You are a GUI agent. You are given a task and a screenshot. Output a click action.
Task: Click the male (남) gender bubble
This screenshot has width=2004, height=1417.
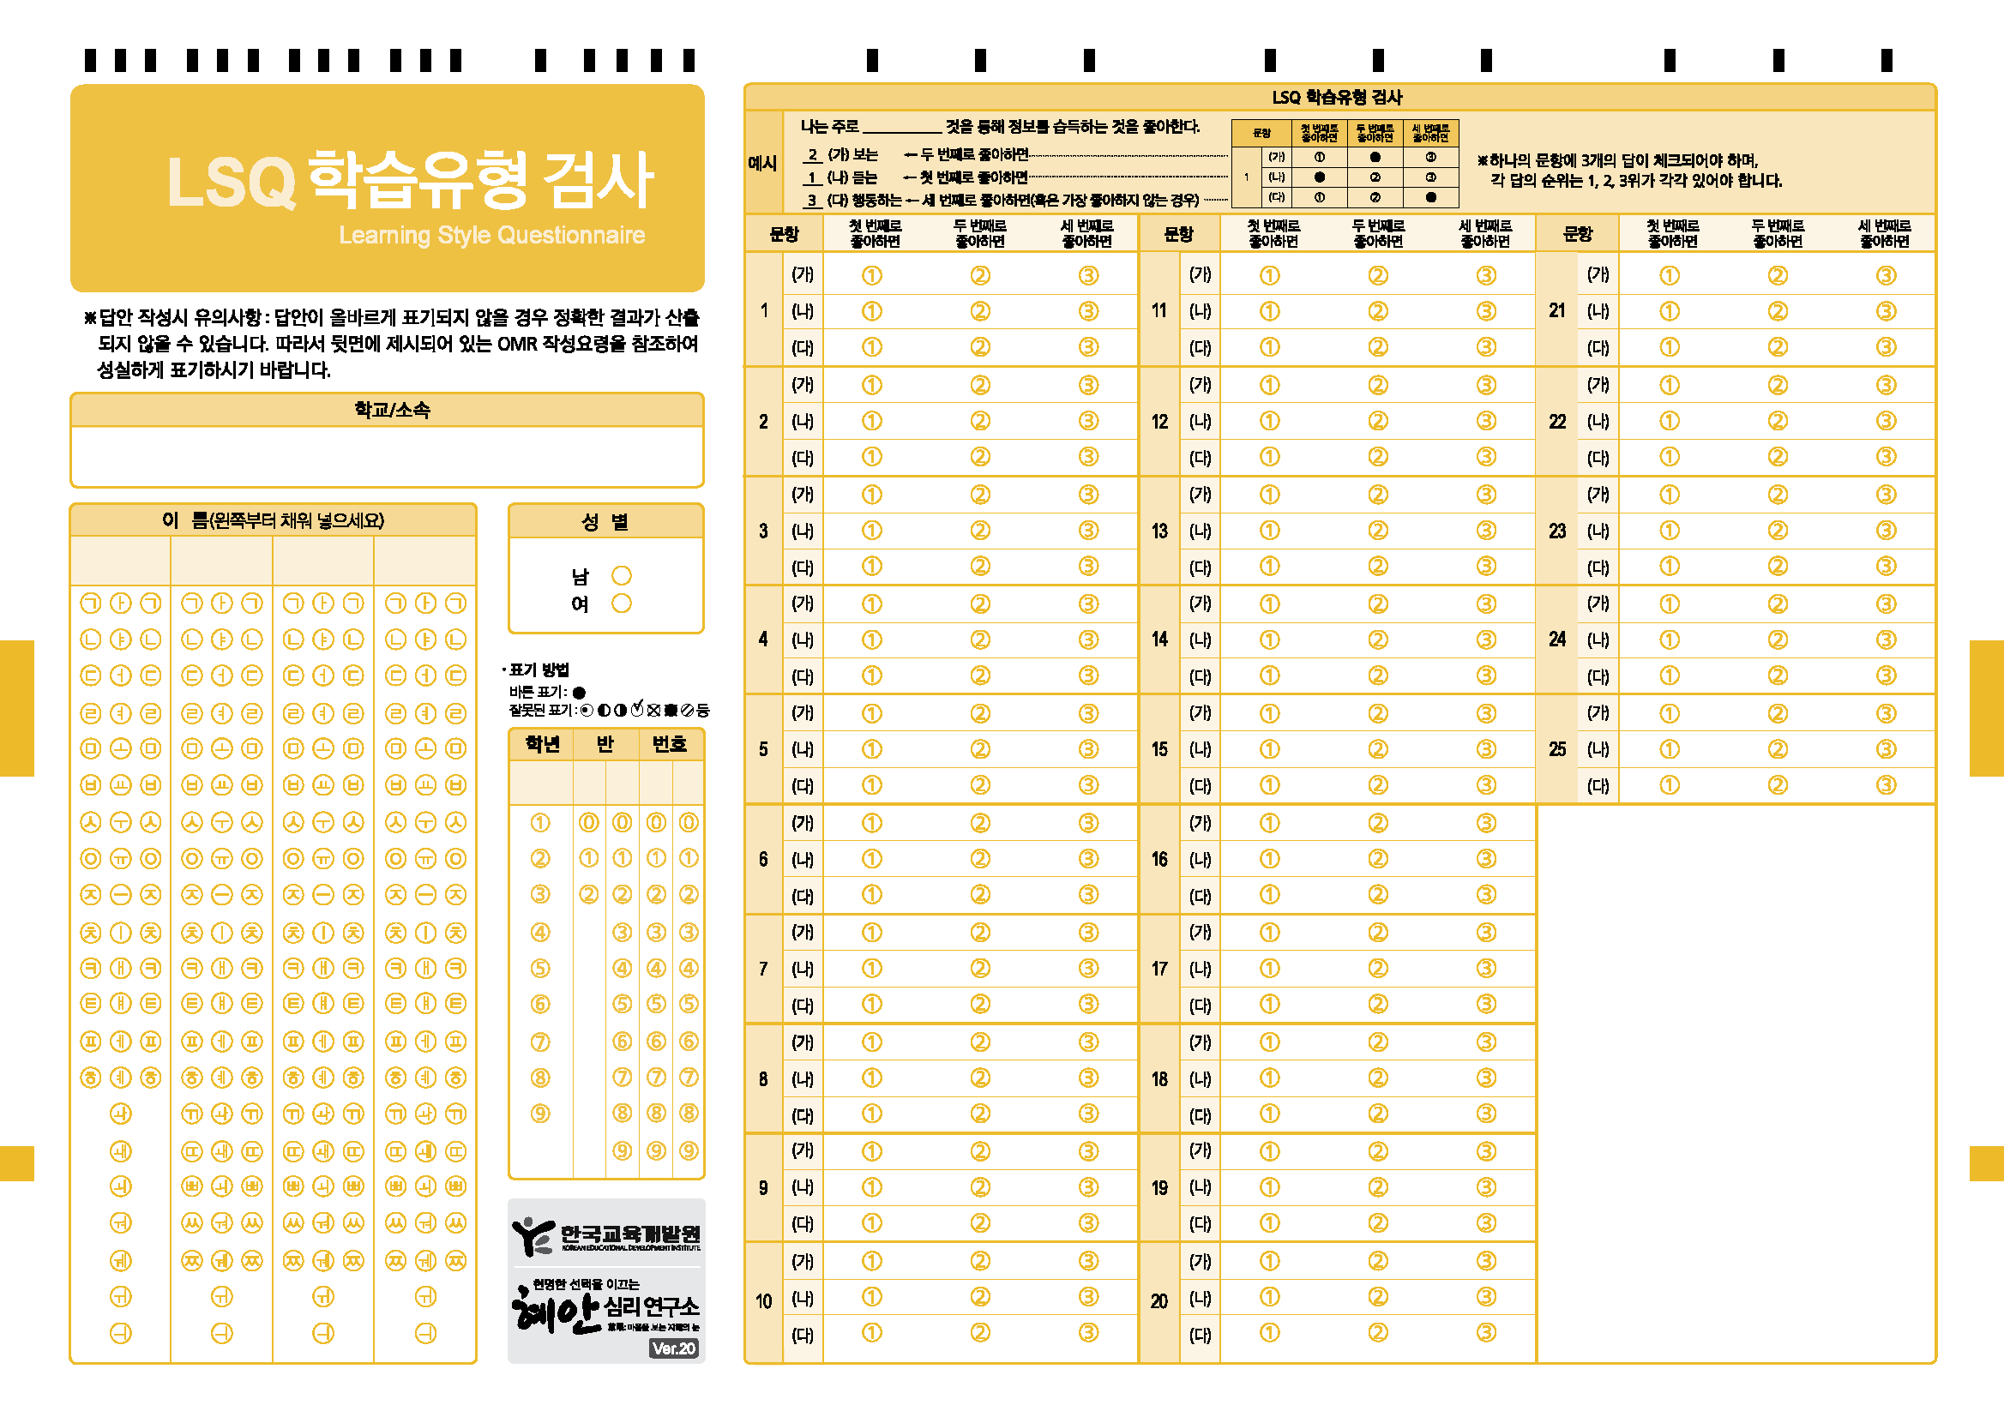(622, 576)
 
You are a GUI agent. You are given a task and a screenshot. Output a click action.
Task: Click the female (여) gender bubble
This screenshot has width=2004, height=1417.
(622, 603)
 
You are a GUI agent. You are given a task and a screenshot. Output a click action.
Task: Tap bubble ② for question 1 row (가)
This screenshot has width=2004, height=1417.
(980, 276)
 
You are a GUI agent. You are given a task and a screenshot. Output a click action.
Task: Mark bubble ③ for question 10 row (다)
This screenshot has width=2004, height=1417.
(1088, 1332)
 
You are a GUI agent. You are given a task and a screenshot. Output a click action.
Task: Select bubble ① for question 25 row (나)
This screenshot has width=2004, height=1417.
(1669, 749)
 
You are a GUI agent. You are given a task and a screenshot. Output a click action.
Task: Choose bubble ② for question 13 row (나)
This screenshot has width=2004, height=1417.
(1378, 531)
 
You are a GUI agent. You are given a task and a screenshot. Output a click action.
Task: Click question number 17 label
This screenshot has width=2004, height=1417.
(1159, 969)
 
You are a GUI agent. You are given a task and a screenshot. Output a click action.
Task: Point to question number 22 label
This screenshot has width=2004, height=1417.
(1557, 422)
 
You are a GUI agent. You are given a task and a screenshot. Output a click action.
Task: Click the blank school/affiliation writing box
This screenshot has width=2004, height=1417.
(387, 455)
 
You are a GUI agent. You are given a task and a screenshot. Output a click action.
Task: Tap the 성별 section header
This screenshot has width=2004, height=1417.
(605, 522)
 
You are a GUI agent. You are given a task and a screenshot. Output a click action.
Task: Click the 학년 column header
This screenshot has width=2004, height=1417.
(542, 744)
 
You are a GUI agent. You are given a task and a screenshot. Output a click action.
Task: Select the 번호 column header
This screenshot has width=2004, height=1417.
(670, 744)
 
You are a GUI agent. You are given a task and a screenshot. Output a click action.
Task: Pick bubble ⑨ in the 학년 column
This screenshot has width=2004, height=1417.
(540, 1114)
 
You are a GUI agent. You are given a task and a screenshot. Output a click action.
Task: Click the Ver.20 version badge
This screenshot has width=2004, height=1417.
(674, 1348)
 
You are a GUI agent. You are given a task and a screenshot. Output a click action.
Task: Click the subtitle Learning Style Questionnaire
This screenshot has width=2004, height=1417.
(491, 235)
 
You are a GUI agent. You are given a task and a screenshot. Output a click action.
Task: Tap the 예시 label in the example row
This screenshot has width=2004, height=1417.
(763, 163)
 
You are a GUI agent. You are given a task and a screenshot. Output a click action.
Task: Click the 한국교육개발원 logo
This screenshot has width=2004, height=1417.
(605, 1235)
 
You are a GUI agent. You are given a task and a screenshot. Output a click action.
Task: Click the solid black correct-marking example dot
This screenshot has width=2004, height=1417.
(579, 693)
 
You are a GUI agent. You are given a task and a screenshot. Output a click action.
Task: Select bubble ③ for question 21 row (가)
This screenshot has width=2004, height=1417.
(1887, 276)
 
